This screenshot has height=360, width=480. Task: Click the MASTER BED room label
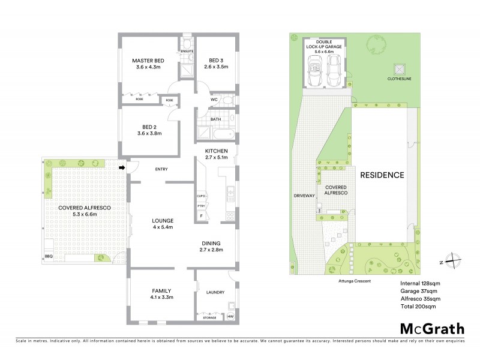[x=148, y=61]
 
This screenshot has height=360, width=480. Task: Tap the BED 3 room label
[x=216, y=61]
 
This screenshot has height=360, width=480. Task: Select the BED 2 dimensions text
[x=150, y=133]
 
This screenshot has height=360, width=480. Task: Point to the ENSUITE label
[x=187, y=52]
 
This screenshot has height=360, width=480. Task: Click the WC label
[x=214, y=100]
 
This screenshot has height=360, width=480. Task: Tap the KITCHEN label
[x=217, y=150]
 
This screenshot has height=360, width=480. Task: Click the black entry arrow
[x=122, y=169]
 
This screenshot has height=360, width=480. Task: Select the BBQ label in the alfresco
[x=49, y=256]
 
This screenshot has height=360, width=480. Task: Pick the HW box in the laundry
[x=230, y=316]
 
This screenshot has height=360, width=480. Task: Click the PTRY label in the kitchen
[x=202, y=206]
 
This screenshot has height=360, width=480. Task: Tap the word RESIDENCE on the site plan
[x=382, y=175]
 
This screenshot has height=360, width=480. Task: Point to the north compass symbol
[x=455, y=262]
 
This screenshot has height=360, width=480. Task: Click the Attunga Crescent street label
[x=350, y=280]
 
